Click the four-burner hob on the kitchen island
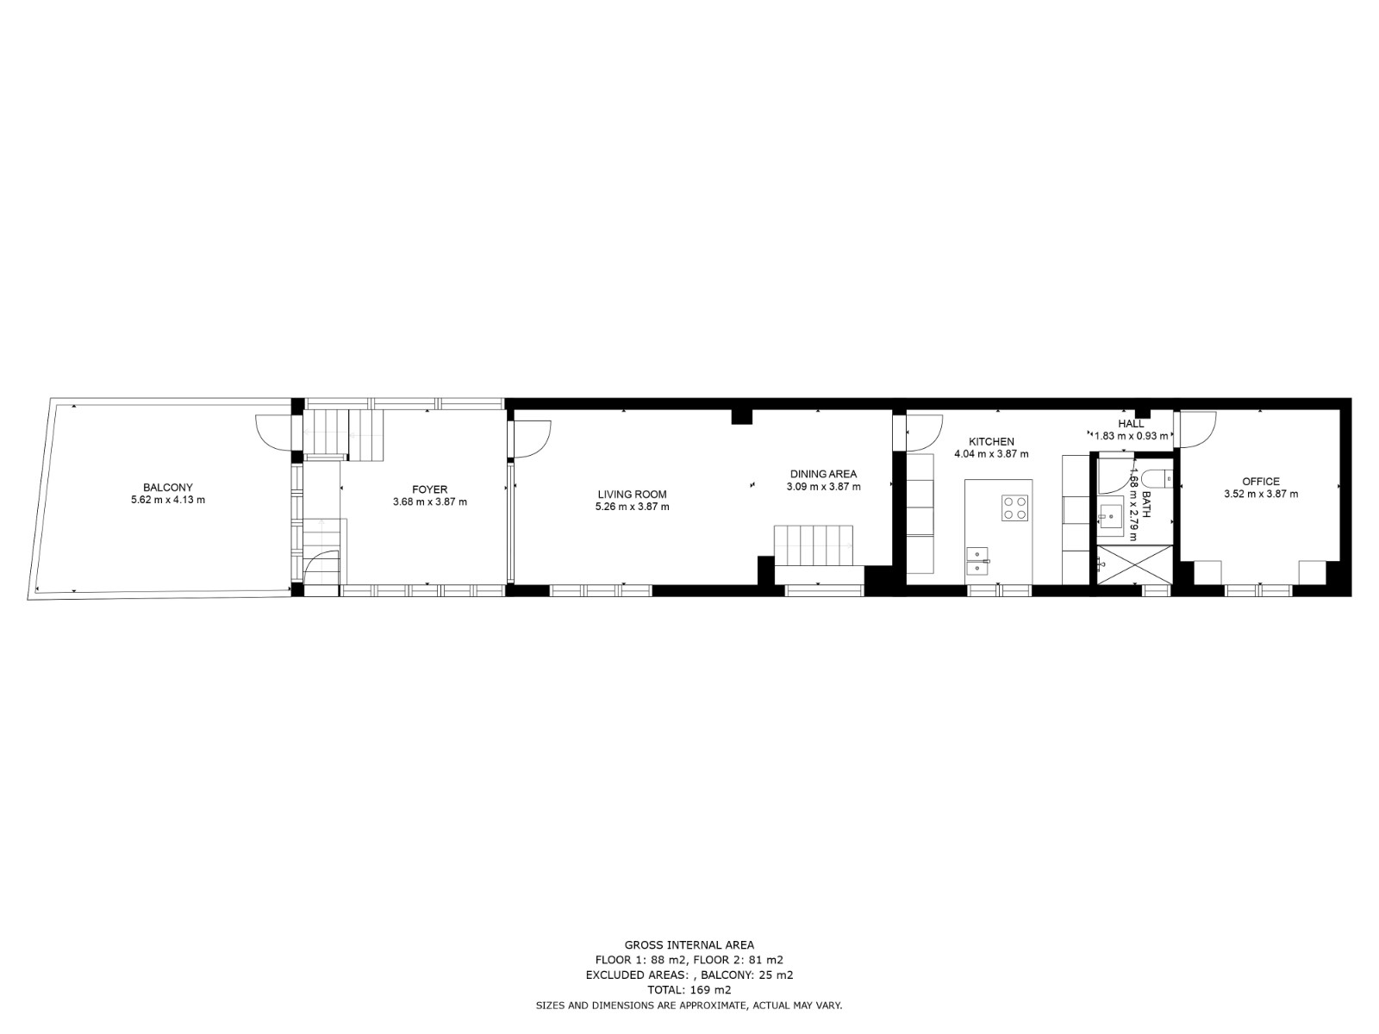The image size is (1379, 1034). (1014, 508)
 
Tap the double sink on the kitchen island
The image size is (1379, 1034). (977, 561)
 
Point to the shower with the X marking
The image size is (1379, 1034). (1134, 564)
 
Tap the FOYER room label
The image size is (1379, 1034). (430, 489)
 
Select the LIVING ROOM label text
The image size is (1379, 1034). (632, 495)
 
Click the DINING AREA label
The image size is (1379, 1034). (823, 474)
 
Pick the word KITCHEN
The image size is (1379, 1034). (991, 441)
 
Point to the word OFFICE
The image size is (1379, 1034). (1261, 482)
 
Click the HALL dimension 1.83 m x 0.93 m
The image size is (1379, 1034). (1131, 436)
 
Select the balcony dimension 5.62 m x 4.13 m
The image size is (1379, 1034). (168, 501)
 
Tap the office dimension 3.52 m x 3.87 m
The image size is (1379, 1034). (1261, 494)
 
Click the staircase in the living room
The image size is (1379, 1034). (813, 545)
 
